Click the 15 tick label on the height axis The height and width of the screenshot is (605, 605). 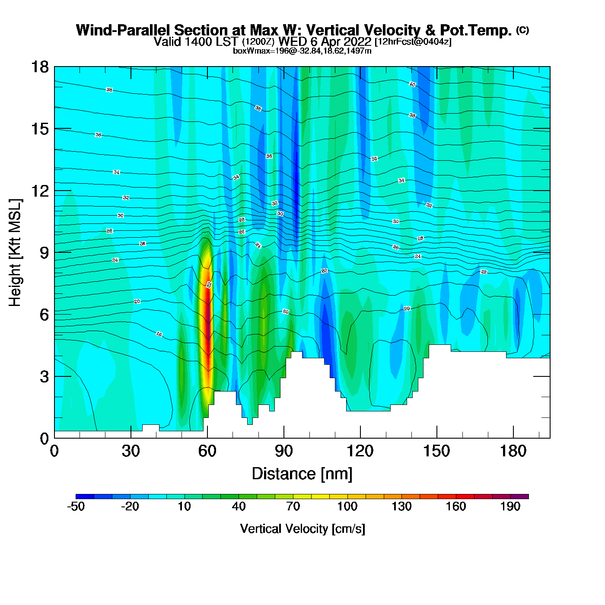(x=40, y=129)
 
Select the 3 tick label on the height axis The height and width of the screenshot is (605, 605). (x=44, y=376)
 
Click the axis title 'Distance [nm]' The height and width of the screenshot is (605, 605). (x=302, y=474)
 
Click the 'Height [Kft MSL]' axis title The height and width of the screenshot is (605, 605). (x=15, y=253)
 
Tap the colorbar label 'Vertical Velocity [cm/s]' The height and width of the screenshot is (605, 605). (x=302, y=529)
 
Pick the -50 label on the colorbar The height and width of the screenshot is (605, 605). (x=76, y=507)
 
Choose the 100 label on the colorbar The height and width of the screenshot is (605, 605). (x=347, y=507)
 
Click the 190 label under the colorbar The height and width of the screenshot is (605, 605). (x=510, y=507)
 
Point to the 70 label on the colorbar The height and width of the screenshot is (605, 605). (x=293, y=507)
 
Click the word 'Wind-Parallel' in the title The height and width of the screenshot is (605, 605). (x=124, y=31)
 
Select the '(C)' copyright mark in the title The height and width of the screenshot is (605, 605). (x=522, y=30)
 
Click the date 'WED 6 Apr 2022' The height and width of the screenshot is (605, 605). (x=325, y=42)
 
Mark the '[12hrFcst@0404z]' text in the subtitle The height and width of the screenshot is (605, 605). (x=413, y=42)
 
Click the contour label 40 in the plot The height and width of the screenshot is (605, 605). (x=412, y=84)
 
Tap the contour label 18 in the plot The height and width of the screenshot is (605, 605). (x=159, y=334)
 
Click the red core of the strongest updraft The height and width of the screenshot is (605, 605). (x=208, y=328)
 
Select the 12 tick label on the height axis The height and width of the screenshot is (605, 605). (x=40, y=191)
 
